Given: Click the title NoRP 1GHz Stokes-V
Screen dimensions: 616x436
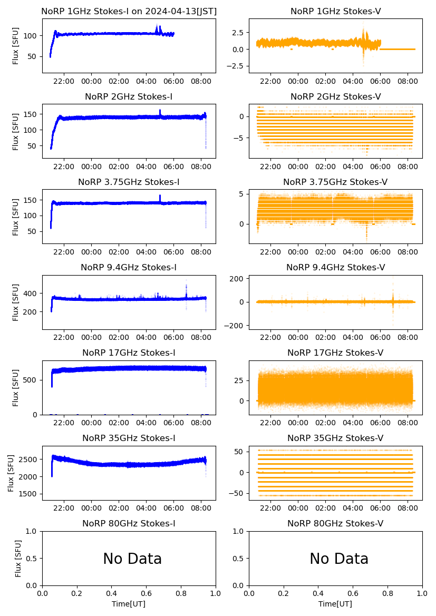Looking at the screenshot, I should [335, 12].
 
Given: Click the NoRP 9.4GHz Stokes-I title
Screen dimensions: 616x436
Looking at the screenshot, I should [129, 268].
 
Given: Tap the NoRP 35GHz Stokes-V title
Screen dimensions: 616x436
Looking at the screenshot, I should [335, 438].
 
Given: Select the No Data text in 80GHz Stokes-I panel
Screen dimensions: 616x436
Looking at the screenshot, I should [132, 559].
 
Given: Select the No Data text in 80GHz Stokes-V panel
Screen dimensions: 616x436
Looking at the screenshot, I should [339, 559].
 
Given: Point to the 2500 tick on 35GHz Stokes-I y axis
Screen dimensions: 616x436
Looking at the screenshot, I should [30, 459].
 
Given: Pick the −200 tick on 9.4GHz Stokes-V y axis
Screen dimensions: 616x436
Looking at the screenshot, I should [235, 326].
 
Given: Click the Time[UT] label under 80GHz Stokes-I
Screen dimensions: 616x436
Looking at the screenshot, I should [129, 604].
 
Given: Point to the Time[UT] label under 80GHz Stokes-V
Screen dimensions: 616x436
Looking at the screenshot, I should [335, 604].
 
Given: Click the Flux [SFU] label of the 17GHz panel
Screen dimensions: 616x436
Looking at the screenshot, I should [16, 388].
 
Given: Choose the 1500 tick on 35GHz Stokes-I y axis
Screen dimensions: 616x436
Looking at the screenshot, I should [30, 494].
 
